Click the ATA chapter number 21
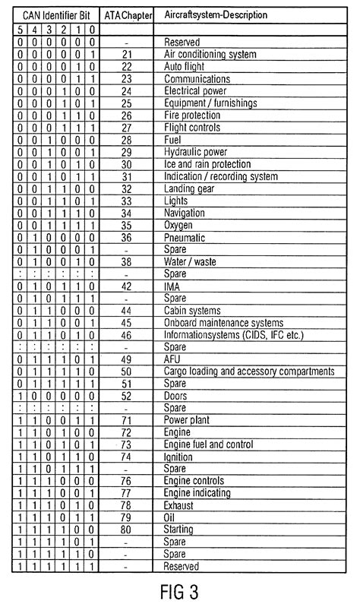127,55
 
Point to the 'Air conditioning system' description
210,55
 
